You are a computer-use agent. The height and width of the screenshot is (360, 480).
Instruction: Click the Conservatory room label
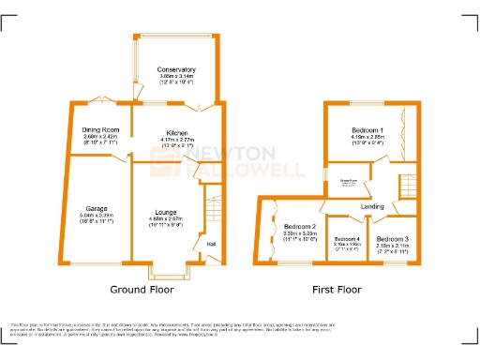176,69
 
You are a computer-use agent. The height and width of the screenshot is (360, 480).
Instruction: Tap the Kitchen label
177,133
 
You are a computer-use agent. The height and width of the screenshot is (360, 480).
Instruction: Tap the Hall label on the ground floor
212,245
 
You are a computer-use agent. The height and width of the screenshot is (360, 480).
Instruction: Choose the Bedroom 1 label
367,127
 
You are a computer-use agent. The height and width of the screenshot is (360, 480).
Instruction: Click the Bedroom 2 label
300,226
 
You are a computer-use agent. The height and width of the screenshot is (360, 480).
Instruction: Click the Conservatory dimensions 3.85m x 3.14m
176,77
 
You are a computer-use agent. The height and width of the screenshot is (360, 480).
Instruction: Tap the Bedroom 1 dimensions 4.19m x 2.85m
367,136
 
